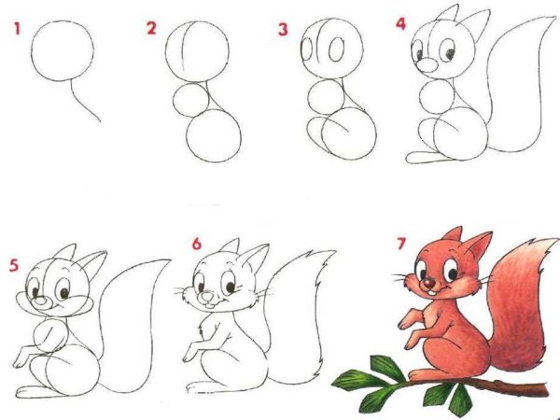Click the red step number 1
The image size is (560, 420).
[17, 29]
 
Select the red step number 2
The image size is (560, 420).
[151, 29]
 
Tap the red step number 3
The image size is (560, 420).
[283, 30]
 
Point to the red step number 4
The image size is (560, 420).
[401, 22]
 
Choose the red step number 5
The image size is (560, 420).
[12, 264]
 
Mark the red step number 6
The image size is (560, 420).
[197, 245]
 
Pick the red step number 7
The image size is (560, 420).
[401, 245]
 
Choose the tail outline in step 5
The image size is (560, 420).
[140, 327]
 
